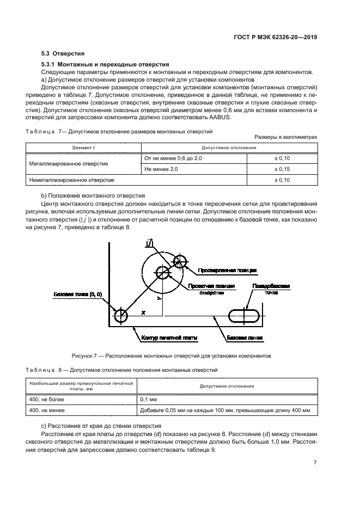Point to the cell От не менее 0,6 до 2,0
tap(173, 158)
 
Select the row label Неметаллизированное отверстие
tap(71, 180)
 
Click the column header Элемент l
tap(83, 148)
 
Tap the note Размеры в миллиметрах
tap(285, 137)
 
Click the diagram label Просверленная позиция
tap(228, 270)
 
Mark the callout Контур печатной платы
tap(169, 338)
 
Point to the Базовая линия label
tap(245, 338)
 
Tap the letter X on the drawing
tap(143, 313)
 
